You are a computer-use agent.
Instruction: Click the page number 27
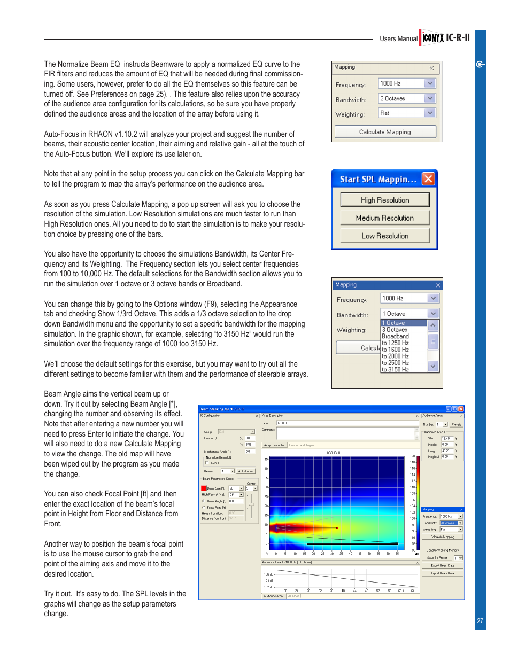(480, 621)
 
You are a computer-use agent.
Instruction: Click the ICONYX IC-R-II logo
(445, 38)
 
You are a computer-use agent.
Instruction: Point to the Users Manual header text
(398, 39)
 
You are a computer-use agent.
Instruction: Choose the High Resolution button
(385, 200)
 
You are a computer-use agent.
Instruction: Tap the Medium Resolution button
(385, 218)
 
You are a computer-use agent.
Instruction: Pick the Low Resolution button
(385, 236)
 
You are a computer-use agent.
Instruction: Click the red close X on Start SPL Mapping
(428, 179)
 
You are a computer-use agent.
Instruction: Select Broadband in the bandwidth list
(396, 336)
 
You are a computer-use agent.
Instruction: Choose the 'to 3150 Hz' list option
(396, 369)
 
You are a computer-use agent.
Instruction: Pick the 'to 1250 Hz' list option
(396, 343)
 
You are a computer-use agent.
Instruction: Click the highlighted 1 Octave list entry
(396, 323)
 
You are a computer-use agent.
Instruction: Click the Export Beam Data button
(443, 565)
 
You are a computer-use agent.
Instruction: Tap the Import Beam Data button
(443, 573)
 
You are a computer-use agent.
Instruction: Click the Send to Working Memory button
(443, 550)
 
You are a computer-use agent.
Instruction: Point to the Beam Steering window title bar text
(222, 409)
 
